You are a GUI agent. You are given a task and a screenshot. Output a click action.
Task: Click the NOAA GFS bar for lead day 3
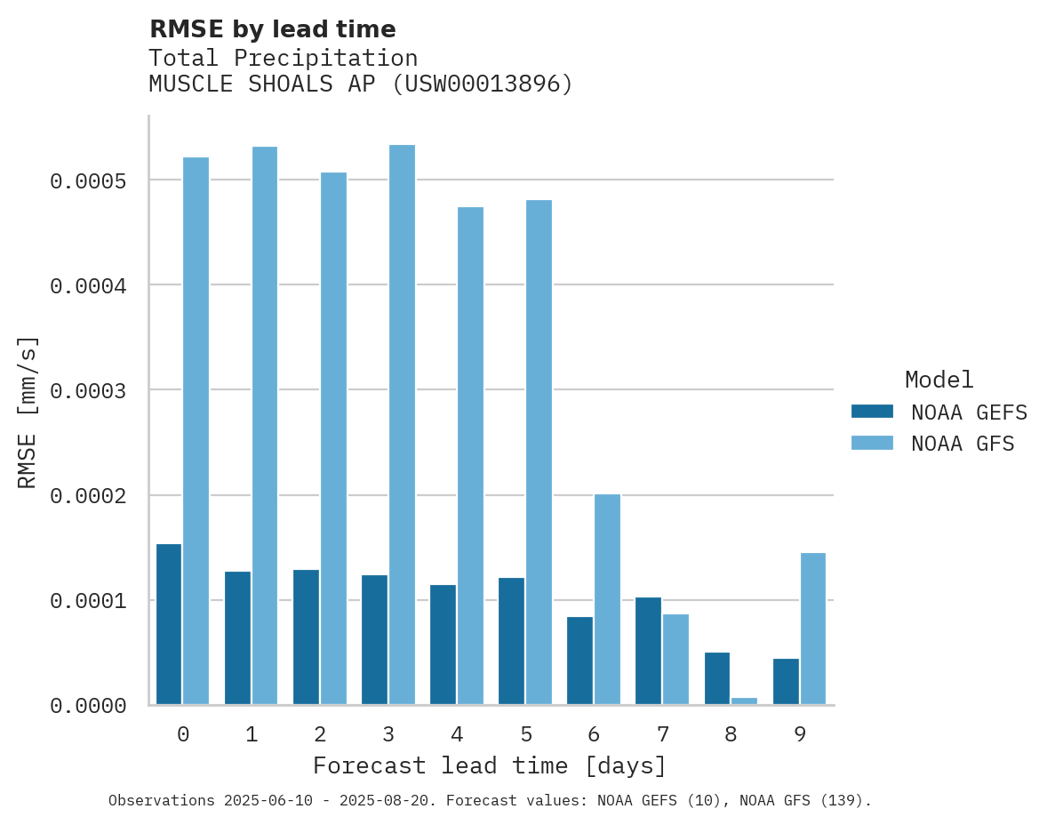tap(402, 424)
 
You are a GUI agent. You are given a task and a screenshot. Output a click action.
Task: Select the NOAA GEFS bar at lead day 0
tap(169, 624)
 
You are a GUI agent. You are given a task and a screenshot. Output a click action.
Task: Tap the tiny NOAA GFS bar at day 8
tap(744, 701)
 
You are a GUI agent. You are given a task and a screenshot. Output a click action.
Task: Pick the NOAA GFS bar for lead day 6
tap(607, 599)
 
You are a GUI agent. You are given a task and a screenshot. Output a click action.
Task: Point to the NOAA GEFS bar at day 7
tap(648, 651)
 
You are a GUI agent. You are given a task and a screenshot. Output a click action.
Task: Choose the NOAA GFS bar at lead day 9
tap(812, 629)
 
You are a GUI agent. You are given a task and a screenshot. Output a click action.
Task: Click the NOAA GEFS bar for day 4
tap(443, 645)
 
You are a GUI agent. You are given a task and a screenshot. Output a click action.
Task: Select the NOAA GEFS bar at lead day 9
tap(786, 681)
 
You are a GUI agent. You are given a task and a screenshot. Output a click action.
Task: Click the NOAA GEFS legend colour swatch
tap(872, 412)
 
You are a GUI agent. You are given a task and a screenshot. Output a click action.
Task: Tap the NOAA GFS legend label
tap(962, 444)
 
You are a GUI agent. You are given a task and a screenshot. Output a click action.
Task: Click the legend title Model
tap(939, 380)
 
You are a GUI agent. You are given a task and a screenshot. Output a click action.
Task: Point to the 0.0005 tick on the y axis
tap(88, 181)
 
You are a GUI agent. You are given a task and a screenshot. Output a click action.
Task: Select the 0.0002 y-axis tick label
tap(88, 495)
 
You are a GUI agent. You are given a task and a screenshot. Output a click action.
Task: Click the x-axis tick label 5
tap(525, 734)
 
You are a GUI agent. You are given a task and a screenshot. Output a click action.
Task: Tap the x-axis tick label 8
tap(731, 734)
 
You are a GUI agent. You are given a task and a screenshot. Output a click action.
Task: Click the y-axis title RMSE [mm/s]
tap(28, 412)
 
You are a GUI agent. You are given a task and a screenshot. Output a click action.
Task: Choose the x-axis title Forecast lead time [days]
tap(490, 765)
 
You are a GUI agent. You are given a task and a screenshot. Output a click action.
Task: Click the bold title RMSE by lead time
tap(272, 29)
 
